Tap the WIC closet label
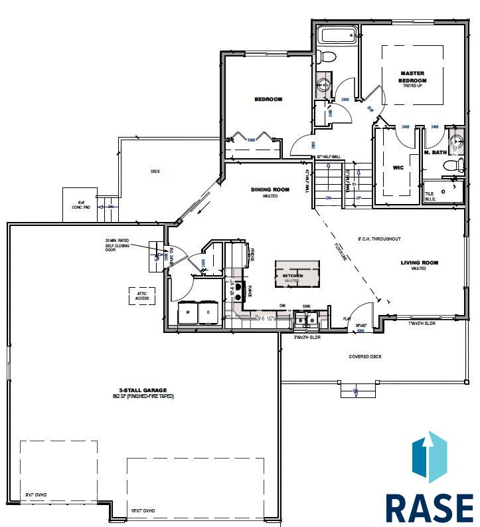point(398,167)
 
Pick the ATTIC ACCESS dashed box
point(141,296)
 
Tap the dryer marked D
point(208,312)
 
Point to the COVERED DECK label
point(365,357)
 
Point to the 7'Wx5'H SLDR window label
point(422,323)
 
